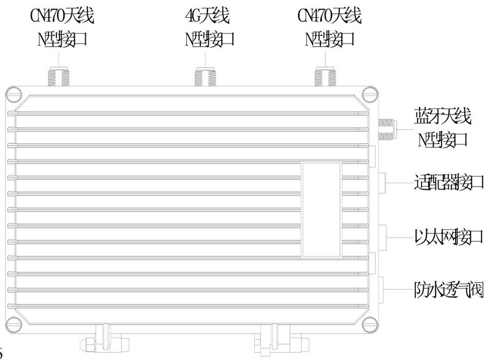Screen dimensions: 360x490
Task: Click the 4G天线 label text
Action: coord(210,15)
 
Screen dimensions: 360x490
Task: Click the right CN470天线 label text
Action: coord(329,15)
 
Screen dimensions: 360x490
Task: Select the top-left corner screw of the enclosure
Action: coord(14,94)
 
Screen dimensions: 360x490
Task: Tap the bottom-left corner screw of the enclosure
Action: coord(14,322)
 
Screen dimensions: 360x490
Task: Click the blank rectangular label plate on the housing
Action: coord(321,209)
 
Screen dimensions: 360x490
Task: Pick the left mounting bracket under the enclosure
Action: coord(102,339)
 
